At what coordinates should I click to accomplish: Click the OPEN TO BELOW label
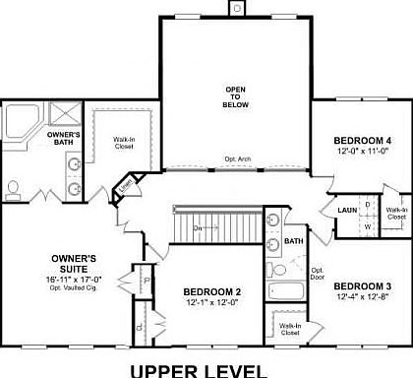click(x=235, y=95)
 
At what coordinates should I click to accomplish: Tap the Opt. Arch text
click(x=237, y=157)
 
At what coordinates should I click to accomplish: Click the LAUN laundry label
click(x=346, y=210)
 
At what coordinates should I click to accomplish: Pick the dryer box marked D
click(x=367, y=205)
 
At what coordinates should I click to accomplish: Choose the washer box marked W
click(x=367, y=225)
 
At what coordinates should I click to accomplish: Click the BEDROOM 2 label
click(x=211, y=292)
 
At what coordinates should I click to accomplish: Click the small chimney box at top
click(x=235, y=8)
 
